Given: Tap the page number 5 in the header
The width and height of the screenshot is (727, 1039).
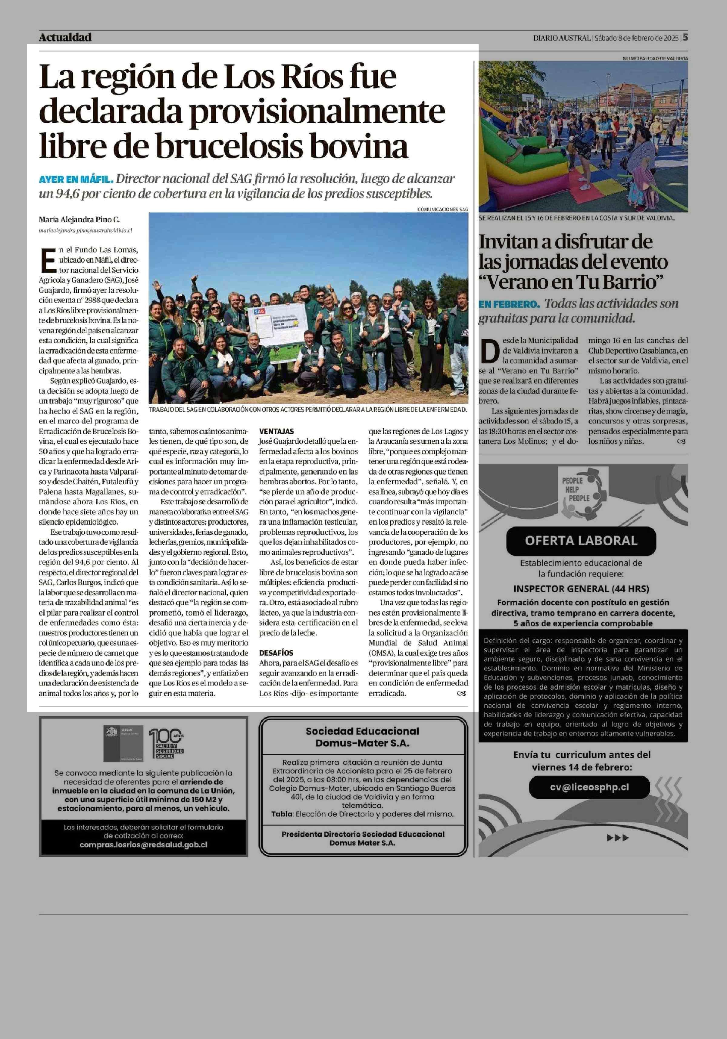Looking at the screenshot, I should pos(686,38).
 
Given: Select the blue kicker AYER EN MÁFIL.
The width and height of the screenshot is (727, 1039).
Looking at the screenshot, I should pos(75,179).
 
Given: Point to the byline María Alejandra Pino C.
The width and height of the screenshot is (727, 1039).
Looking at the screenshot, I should pos(79,220).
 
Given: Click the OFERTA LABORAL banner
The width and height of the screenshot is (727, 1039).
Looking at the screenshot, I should pos(581,540).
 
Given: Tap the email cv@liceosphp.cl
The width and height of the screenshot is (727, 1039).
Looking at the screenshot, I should pos(589,787).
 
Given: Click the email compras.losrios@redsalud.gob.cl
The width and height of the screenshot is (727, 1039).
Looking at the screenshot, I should pos(143,845).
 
